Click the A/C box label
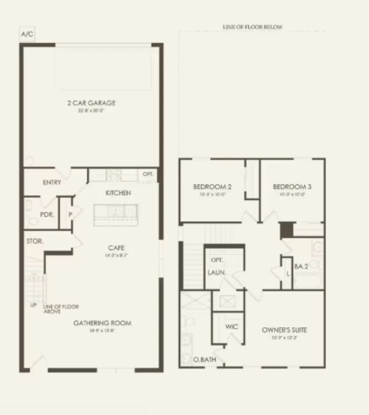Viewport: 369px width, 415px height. point(27,35)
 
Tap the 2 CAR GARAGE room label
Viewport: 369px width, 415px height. point(91,103)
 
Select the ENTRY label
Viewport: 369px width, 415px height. point(52,182)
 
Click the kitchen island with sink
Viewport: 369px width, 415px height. point(116,215)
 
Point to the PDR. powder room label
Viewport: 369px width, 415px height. point(47,214)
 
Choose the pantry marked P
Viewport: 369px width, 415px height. point(70,215)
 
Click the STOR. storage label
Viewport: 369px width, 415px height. point(35,242)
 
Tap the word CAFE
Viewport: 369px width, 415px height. point(116,248)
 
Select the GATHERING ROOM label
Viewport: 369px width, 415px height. point(102,323)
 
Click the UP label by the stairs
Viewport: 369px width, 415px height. point(34,305)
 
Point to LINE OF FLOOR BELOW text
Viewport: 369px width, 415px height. point(252,27)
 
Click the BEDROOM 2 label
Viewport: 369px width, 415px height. point(212,187)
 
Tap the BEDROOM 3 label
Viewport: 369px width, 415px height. point(292,187)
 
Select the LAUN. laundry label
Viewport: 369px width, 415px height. point(217,273)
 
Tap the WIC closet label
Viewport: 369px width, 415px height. point(232,327)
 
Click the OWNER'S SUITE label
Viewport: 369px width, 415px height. point(284,330)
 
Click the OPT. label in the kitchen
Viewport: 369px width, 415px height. point(148,174)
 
